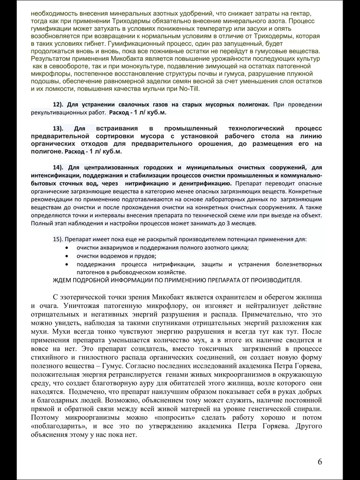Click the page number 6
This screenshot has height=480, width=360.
click(320, 461)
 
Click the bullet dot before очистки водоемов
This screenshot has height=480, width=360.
click(66, 256)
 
